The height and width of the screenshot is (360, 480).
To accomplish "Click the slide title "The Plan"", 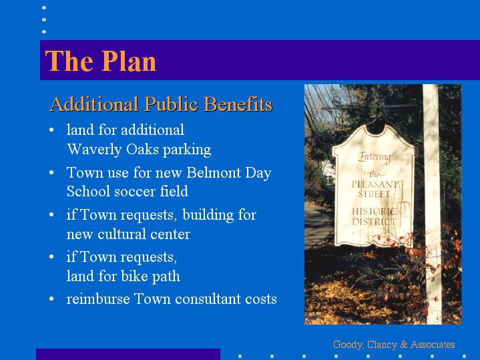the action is pos(101,61).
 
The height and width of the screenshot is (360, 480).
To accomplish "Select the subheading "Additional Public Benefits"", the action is pos(161,104).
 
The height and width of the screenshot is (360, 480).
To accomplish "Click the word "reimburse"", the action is pos(98,299).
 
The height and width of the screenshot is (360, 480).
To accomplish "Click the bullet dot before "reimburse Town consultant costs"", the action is pos(51,299).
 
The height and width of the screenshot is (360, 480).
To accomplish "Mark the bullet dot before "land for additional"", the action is pos(51,130).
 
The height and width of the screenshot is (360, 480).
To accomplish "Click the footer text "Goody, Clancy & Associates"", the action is pos(394,345).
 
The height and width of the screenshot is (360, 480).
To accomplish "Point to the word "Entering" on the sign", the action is pos(375,157).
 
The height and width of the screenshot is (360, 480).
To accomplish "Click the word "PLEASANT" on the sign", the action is pos(375,184).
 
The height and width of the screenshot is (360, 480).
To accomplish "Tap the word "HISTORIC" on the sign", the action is pos(374,212).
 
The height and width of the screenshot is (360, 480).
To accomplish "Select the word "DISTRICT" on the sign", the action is pos(374,222).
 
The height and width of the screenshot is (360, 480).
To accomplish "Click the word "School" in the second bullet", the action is pos(88,192).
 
